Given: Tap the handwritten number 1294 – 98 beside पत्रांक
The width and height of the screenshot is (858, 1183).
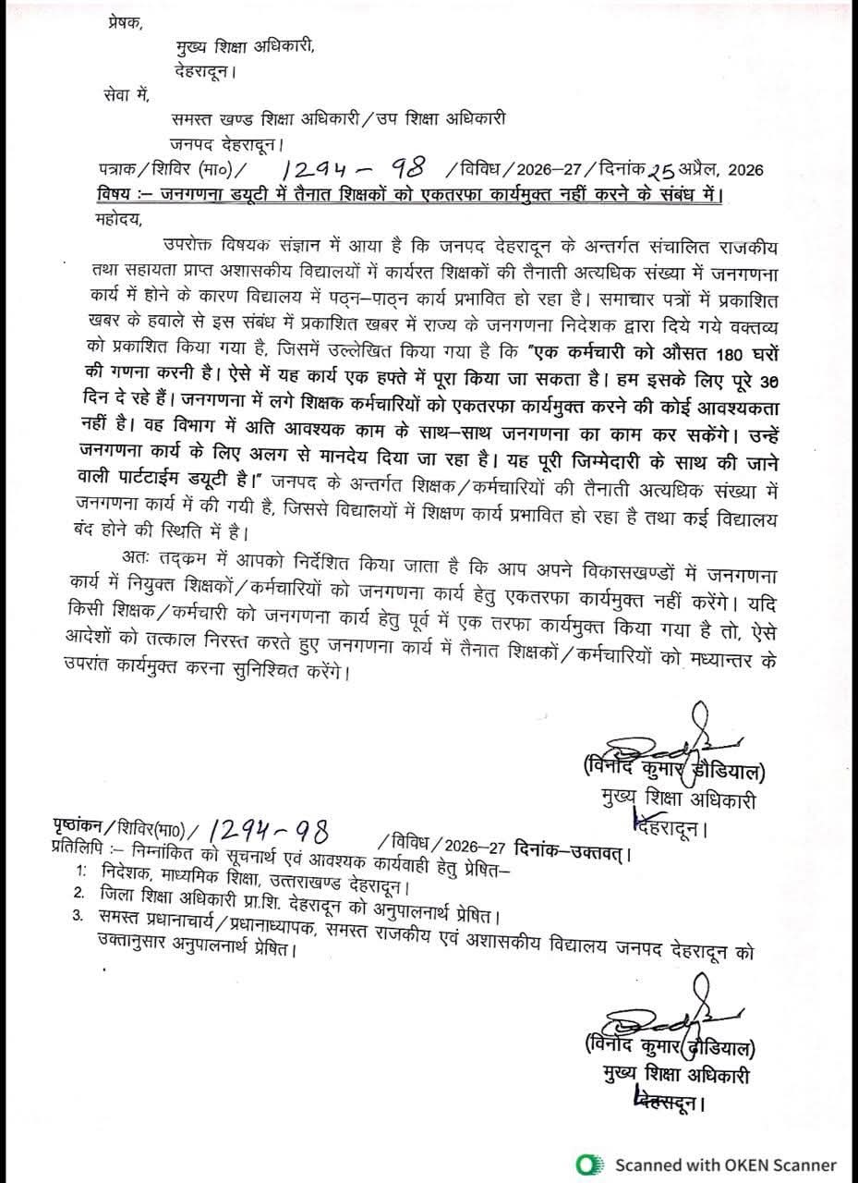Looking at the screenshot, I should (354, 168).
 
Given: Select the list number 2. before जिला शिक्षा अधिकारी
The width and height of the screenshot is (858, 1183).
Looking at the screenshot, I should (81, 894).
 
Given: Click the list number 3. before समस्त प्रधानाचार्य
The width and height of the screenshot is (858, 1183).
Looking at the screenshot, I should (81, 917).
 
